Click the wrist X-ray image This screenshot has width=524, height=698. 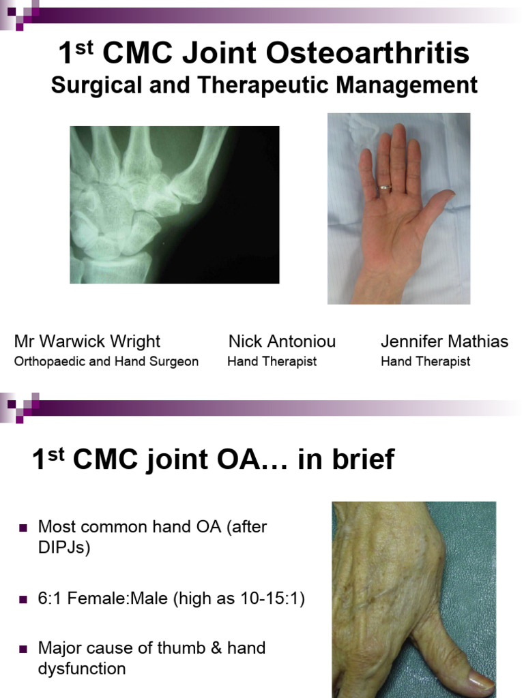175,204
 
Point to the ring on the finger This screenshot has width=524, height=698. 386,185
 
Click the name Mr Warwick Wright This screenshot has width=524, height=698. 87,341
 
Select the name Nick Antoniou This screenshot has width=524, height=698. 282,341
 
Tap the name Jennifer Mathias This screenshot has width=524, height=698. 444,341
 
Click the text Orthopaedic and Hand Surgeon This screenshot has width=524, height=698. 106,361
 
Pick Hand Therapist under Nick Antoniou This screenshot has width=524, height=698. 272,361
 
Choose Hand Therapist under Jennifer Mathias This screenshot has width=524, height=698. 425,361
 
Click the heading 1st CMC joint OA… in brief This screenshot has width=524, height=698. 213,460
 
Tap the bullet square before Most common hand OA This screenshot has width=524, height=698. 23,528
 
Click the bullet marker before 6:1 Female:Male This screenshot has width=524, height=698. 23,601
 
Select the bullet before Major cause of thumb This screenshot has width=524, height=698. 23,649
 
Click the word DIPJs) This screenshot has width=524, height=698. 64,548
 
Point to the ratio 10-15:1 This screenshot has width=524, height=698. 267,600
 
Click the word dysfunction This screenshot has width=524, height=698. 82,669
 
